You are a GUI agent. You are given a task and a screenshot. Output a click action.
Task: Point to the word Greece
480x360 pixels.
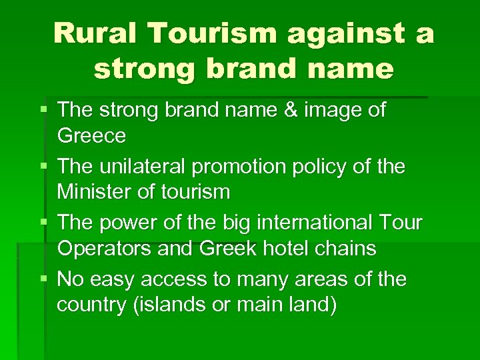click(x=91, y=136)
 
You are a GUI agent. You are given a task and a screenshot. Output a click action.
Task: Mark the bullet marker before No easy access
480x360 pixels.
click(x=44, y=279)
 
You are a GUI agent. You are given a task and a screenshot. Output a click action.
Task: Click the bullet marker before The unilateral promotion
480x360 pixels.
click(x=44, y=166)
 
